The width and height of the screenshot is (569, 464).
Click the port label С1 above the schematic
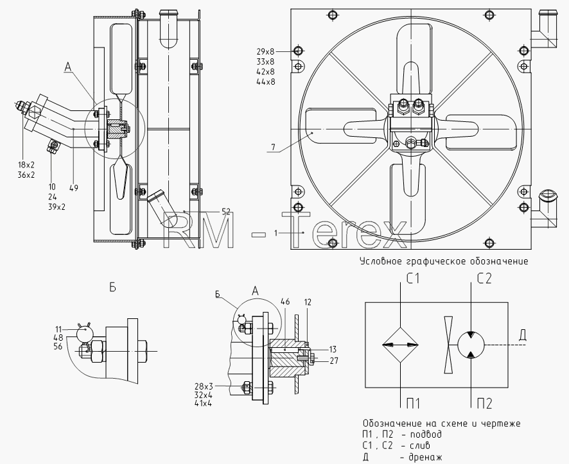(412, 279)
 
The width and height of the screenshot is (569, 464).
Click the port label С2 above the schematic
(484, 279)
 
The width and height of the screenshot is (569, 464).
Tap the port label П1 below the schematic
(412, 404)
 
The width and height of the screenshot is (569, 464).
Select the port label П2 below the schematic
(484, 404)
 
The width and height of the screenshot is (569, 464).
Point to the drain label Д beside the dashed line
(522, 336)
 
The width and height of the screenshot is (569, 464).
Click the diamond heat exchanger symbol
(400, 345)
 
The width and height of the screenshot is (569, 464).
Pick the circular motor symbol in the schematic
(471, 345)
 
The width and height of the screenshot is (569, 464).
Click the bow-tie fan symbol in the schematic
(448, 345)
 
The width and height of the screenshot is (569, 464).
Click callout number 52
(225, 212)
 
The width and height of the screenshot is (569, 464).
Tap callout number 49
(74, 188)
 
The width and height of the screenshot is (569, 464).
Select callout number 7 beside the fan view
(273, 147)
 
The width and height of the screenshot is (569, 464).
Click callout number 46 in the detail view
(285, 302)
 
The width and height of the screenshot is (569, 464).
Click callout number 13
(333, 350)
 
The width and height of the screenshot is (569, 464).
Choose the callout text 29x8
(266, 51)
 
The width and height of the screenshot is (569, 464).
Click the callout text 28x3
(203, 386)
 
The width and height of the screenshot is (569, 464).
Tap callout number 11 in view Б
(59, 329)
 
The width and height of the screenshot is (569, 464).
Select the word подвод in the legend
(425, 434)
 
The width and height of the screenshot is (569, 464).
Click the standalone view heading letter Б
(113, 288)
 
